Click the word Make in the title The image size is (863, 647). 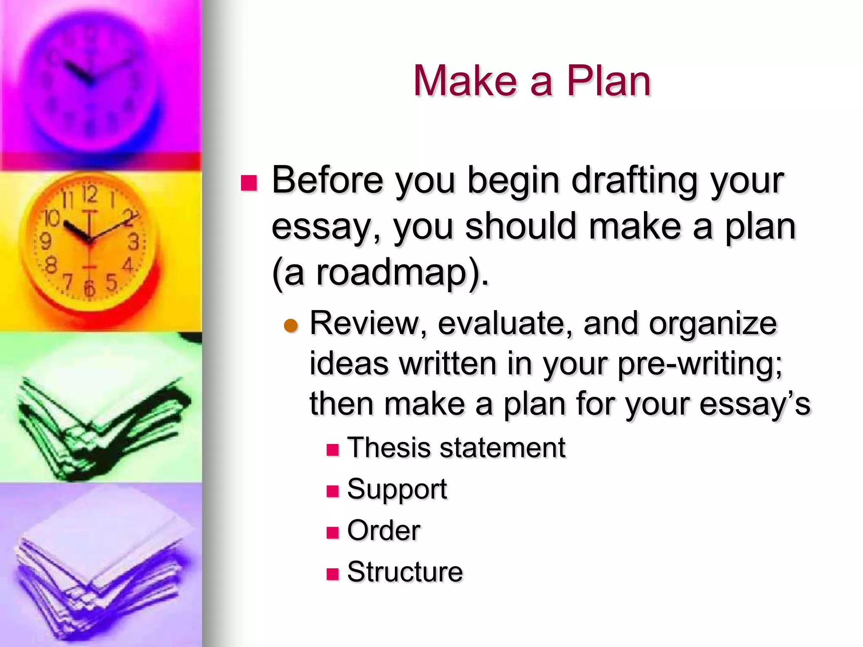pyautogui.click(x=465, y=81)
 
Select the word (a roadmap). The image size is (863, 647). pyautogui.click(x=380, y=273)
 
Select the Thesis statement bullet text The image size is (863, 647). pyautogui.click(x=456, y=447)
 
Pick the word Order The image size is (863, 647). pyautogui.click(x=383, y=530)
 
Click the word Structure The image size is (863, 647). pyautogui.click(x=405, y=572)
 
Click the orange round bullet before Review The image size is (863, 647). pyautogui.click(x=291, y=326)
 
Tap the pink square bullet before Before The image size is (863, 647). pyautogui.click(x=249, y=183)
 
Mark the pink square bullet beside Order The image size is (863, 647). pyautogui.click(x=332, y=532)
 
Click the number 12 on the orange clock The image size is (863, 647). pyautogui.click(x=89, y=195)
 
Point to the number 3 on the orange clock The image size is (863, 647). pyautogui.click(x=133, y=242)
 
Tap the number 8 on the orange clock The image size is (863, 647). pyautogui.click(x=51, y=266)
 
